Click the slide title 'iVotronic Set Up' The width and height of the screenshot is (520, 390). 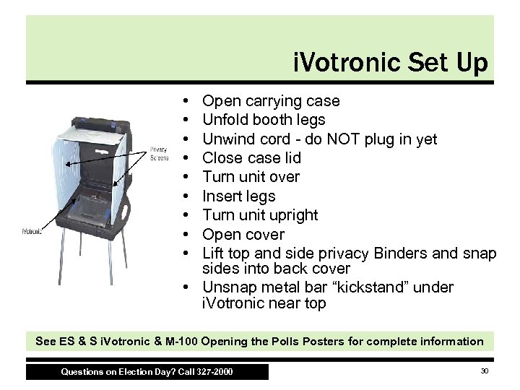[391, 63]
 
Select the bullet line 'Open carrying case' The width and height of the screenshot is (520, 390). [271, 100]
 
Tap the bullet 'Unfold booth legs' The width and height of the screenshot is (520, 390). [264, 119]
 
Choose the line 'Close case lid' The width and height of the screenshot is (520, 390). [251, 157]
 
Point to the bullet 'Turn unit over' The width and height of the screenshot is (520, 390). [251, 177]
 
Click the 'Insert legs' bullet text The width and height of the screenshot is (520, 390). [239, 196]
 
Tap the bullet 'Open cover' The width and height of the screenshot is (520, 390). [243, 234]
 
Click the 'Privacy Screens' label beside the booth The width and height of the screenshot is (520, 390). [160, 153]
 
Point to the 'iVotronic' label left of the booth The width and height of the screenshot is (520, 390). [30, 233]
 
